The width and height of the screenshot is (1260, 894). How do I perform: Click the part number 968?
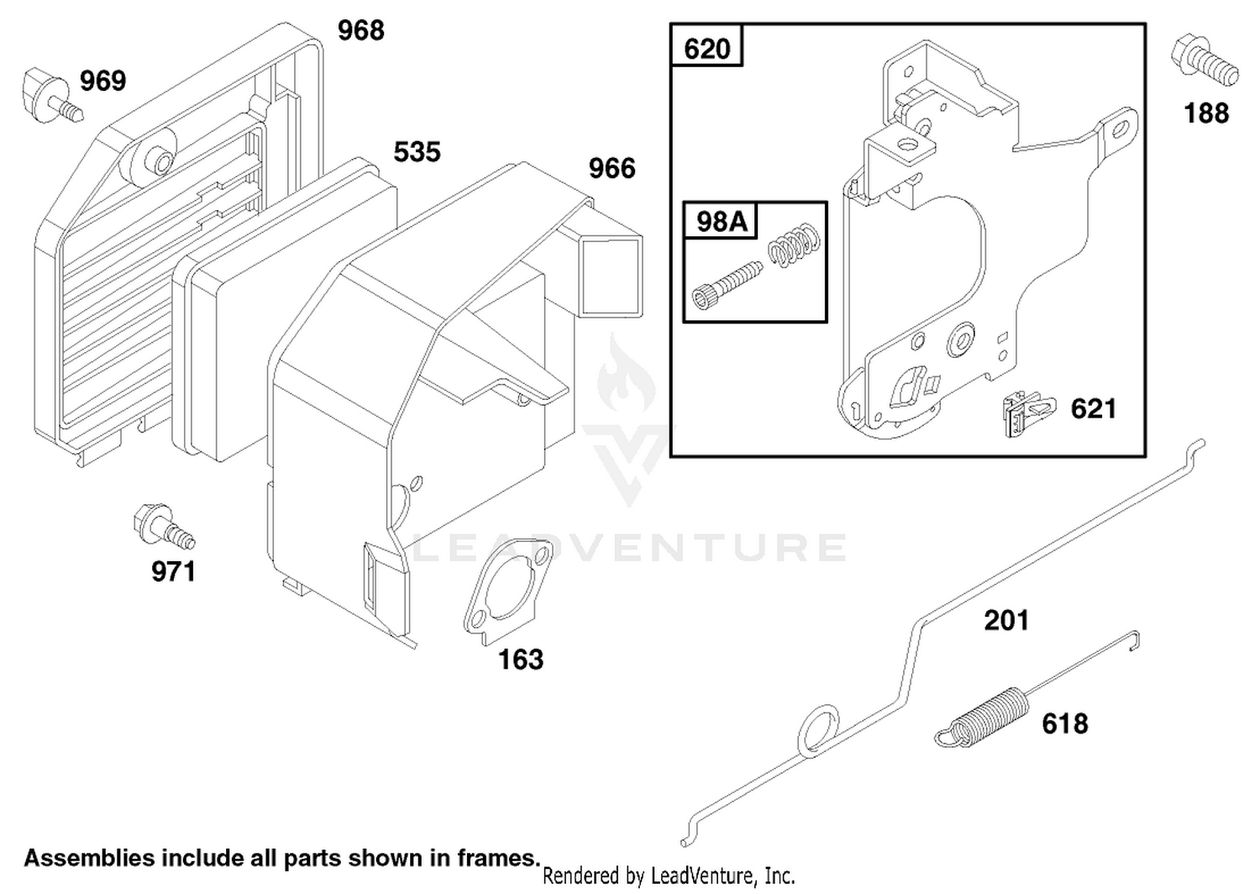click(360, 30)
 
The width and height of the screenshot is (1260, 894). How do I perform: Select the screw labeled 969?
click(52, 97)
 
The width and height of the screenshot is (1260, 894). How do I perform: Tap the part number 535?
click(417, 152)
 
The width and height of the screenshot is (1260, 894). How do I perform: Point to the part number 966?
click(612, 168)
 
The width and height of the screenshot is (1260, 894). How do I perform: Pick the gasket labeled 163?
click(507, 591)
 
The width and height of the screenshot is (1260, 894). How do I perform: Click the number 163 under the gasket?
click(521, 660)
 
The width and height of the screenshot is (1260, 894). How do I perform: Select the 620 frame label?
click(706, 49)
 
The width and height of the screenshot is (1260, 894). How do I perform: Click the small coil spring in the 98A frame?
click(794, 245)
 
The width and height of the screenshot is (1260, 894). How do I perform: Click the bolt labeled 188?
click(1204, 62)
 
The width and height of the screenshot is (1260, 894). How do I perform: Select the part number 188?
click(1206, 113)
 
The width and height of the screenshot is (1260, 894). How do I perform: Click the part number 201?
click(1007, 621)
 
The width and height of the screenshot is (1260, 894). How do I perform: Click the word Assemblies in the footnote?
click(89, 859)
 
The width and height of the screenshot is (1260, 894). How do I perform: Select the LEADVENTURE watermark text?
click(629, 548)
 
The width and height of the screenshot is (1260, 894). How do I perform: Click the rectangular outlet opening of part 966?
click(612, 276)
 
